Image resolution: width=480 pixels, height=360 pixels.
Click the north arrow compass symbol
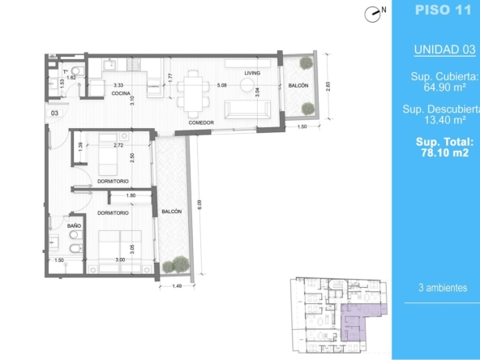(x=372, y=15)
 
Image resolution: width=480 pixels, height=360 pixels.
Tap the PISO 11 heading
(x=443, y=10)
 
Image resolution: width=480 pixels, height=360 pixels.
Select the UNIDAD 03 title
(x=444, y=49)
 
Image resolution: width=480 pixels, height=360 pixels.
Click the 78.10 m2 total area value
(x=444, y=152)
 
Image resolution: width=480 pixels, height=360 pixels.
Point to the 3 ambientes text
(x=443, y=288)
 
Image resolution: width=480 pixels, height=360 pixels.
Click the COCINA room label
(x=121, y=93)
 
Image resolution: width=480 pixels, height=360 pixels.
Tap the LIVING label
(x=252, y=73)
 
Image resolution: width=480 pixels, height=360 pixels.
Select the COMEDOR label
(x=201, y=122)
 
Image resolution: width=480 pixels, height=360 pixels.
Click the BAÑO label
(x=74, y=225)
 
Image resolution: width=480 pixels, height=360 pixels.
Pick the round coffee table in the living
(x=247, y=85)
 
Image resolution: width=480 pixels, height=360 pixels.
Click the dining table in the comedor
(x=193, y=94)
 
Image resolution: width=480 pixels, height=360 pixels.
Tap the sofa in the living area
(x=247, y=109)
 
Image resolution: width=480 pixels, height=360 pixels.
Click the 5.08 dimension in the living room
(x=222, y=85)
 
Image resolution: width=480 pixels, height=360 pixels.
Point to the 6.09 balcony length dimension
(x=199, y=204)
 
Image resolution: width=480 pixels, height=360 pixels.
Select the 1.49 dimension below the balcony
(x=177, y=286)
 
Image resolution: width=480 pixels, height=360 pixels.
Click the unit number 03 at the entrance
(x=54, y=113)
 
